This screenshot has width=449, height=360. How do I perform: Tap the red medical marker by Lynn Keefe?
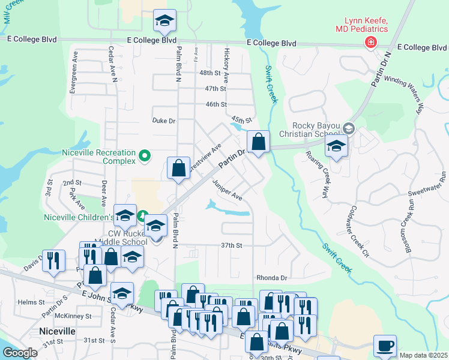point(371,42)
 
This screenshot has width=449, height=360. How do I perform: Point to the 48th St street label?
point(210,73)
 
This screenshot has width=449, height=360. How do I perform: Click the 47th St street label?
point(214,88)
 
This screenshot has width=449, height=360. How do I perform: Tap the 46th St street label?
point(215,104)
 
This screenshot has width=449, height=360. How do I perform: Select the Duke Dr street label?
point(163,121)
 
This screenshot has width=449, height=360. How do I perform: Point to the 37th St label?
point(231,245)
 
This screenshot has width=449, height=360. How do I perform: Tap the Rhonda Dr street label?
point(272,278)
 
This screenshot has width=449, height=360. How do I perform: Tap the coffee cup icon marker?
point(385,346)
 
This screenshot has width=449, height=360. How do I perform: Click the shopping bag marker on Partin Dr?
point(258,143)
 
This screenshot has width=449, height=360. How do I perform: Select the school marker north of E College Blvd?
point(164,22)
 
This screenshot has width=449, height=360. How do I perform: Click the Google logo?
point(20,353)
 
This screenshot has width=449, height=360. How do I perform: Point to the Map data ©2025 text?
point(423,355)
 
